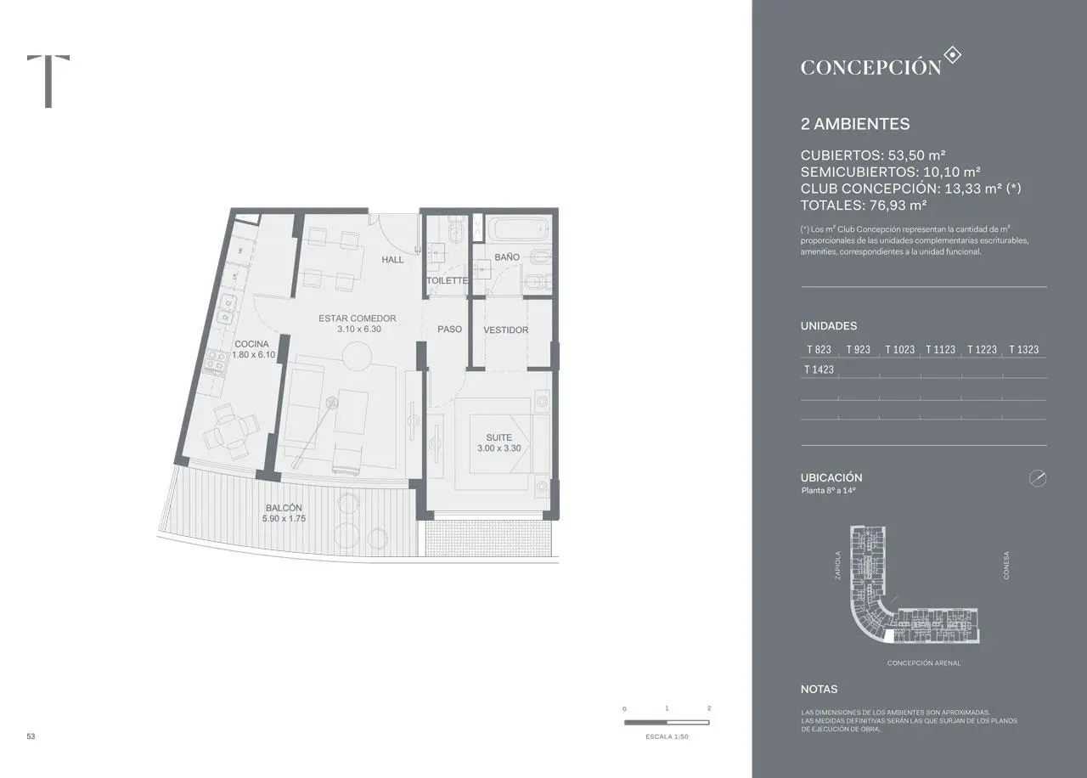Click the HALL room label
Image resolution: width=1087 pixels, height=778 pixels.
pyautogui.click(x=392, y=260)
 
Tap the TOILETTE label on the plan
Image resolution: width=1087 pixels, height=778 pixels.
pyautogui.click(x=447, y=280)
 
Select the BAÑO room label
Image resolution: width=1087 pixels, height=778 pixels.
pyautogui.click(x=507, y=257)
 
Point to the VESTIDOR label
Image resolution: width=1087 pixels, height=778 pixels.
pyautogui.click(x=505, y=330)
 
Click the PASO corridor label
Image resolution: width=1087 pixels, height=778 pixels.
pyautogui.click(x=449, y=329)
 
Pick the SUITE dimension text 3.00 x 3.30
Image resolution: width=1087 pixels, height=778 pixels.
pyautogui.click(x=498, y=448)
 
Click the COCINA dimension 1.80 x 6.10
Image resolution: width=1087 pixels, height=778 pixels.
pyautogui.click(x=253, y=355)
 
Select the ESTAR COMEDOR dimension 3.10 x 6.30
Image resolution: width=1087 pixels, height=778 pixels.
pyautogui.click(x=358, y=329)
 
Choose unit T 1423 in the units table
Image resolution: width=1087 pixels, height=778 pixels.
pyautogui.click(x=819, y=370)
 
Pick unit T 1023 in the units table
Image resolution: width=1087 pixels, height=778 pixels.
pyautogui.click(x=899, y=350)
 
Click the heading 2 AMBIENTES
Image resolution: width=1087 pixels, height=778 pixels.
pyautogui.click(x=854, y=124)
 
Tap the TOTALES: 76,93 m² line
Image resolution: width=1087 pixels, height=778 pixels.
pyautogui.click(x=863, y=205)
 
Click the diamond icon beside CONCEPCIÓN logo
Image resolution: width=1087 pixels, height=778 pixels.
pyautogui.click(x=953, y=56)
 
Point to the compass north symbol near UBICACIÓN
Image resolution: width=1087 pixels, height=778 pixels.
pyautogui.click(x=1037, y=478)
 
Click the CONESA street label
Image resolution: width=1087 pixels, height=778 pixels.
pyautogui.click(x=1006, y=566)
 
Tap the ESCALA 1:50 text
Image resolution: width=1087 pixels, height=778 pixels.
pyautogui.click(x=666, y=736)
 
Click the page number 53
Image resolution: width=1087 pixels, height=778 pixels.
pyautogui.click(x=31, y=736)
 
